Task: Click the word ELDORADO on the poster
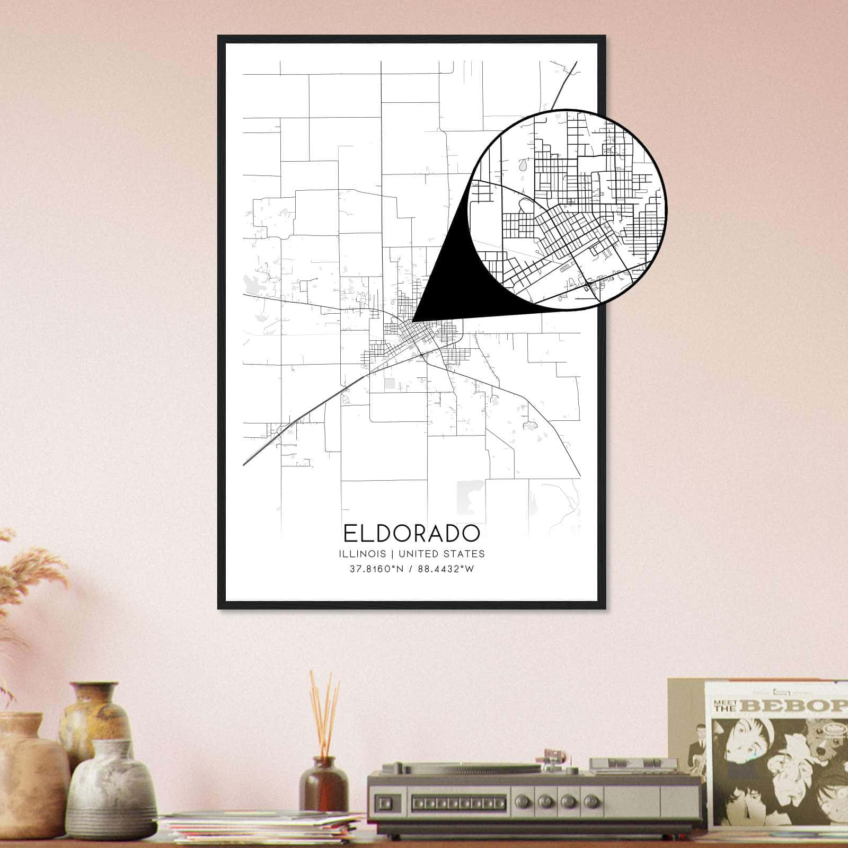411,533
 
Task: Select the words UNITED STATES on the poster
441,554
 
